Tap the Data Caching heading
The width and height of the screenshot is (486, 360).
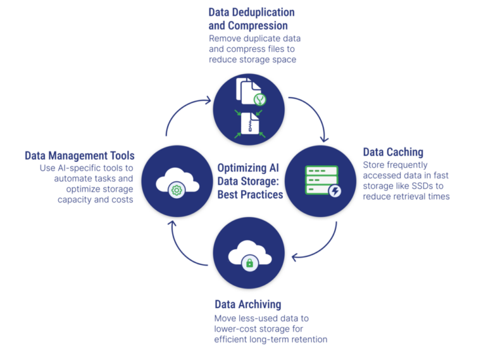[392, 152]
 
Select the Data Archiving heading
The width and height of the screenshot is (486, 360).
[247, 304]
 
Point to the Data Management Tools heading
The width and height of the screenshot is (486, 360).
[80, 156]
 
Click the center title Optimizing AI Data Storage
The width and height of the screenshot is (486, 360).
[250, 181]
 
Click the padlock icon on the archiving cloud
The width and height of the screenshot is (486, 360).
[249, 262]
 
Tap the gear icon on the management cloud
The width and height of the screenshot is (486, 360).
[177, 190]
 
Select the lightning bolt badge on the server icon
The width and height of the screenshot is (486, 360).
[334, 191]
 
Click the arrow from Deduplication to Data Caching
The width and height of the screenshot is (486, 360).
[314, 118]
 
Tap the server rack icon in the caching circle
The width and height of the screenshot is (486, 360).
[321, 180]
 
